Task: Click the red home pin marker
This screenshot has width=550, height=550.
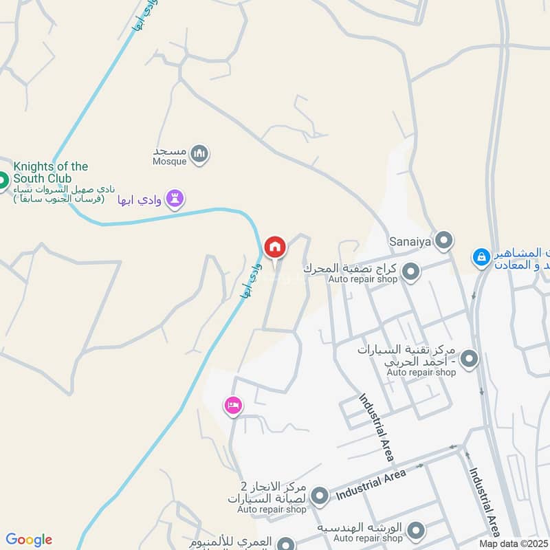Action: [x=275, y=247]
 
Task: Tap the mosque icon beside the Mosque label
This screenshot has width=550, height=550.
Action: [x=200, y=154]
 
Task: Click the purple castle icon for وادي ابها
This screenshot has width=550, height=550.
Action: [x=177, y=199]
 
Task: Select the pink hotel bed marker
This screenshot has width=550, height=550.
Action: [x=233, y=406]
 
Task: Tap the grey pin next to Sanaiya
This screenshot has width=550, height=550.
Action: [x=445, y=241]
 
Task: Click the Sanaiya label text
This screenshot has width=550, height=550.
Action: [x=408, y=241]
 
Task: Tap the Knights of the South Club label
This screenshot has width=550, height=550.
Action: [x=51, y=173]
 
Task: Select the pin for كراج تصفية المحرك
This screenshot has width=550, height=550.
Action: [x=411, y=273]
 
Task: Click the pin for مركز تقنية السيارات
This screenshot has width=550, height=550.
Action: [x=470, y=359]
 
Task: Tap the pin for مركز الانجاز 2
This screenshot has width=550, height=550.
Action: [x=319, y=496]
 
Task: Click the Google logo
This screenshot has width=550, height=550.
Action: [x=29, y=540]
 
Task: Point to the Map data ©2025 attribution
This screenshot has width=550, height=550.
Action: [x=514, y=543]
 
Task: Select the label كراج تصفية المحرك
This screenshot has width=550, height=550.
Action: [x=352, y=267]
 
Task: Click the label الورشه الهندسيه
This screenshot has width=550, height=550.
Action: [x=359, y=527]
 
